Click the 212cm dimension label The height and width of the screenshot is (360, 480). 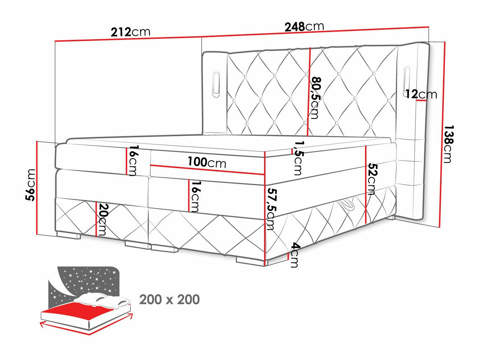(130, 32)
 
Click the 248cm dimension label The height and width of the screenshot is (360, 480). (304, 26)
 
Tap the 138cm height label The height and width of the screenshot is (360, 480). (448, 144)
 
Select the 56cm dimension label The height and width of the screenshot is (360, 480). (31, 185)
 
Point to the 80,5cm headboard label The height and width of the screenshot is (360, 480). (315, 97)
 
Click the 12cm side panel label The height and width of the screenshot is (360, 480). (421, 94)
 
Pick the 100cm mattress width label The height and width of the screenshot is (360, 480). (207, 162)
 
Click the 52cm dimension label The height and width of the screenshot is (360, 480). (372, 179)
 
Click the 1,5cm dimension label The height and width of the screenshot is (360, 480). (298, 158)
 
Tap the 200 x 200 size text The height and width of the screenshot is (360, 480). (169, 299)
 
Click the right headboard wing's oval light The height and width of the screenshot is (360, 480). (407, 80)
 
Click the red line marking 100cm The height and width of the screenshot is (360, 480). (207, 170)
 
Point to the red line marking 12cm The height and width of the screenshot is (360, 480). (421, 101)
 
